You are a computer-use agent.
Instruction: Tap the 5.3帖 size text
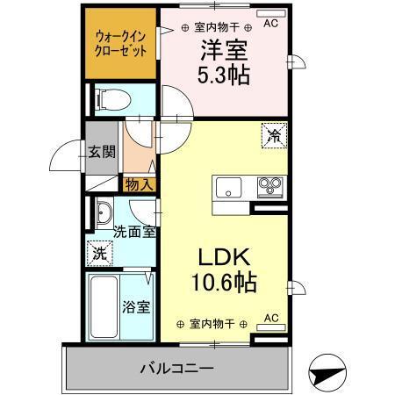223,75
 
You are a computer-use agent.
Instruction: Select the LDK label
223,260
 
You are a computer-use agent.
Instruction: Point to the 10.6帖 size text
223,284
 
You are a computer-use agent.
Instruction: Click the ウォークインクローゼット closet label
122,44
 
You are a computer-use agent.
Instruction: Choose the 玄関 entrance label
102,151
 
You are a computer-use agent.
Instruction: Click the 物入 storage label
140,184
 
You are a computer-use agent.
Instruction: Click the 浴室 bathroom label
137,307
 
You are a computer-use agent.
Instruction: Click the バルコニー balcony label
176,367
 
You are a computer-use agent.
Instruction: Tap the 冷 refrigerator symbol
274,136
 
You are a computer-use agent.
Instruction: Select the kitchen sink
228,187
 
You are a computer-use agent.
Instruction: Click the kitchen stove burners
269,186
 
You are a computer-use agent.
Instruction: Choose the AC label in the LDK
270,319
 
